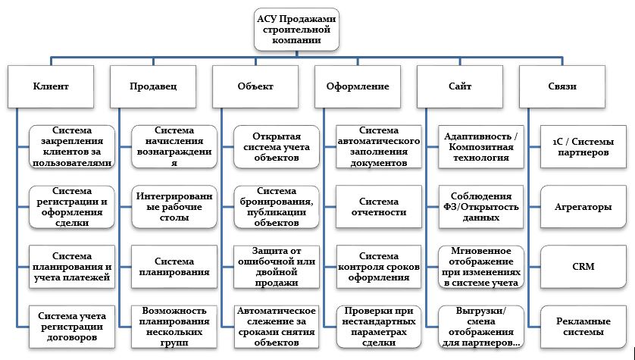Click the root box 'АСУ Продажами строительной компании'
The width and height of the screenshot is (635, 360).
(296, 29)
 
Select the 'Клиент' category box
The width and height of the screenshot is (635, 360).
(51, 86)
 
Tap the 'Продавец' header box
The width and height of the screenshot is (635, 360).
(153, 86)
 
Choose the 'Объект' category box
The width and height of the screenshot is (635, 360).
(255, 86)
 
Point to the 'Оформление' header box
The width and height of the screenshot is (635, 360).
(358, 86)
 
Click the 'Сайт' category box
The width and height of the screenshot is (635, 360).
(460, 86)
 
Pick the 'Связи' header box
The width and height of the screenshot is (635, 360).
(562, 86)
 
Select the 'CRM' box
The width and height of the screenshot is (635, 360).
(583, 267)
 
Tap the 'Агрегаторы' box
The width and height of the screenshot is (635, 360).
(583, 206)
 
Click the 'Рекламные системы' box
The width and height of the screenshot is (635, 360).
(583, 327)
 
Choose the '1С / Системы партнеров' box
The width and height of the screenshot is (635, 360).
(583, 146)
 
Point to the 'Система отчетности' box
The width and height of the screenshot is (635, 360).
(379, 206)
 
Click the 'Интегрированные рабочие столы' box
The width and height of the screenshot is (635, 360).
(174, 206)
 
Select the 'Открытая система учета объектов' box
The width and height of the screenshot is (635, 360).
(276, 146)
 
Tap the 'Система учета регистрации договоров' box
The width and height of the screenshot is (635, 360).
(72, 327)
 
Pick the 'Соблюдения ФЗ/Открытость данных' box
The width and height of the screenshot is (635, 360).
(480, 206)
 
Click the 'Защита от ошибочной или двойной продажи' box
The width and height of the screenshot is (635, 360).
(276, 267)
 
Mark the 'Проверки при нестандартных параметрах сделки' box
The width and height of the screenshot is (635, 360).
(379, 327)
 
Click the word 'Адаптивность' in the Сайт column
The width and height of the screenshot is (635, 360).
(478, 136)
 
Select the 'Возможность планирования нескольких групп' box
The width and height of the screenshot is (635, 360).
(174, 327)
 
